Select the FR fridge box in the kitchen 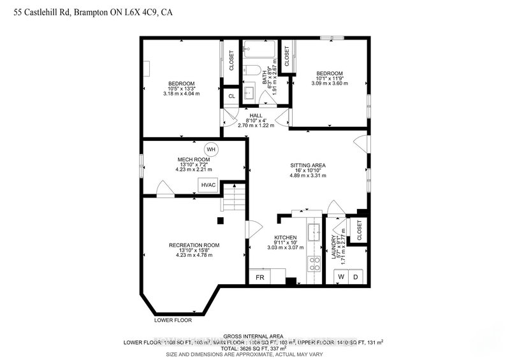(x=260, y=277)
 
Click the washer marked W (x=341, y=277)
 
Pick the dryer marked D (x=357, y=277)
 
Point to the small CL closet (x=231, y=97)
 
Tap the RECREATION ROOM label (x=194, y=245)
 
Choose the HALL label (x=256, y=115)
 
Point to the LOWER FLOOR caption (x=173, y=320)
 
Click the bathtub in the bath (x=261, y=49)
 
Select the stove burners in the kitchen (x=314, y=264)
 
